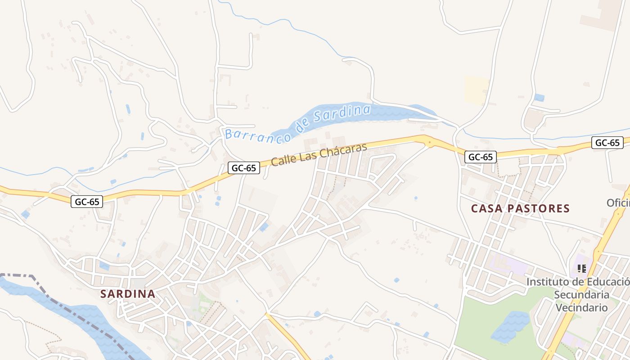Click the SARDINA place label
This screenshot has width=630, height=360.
point(128,294)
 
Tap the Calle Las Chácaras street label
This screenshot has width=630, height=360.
point(319,154)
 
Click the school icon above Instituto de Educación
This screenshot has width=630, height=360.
point(581,269)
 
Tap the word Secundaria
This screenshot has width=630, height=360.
point(581,295)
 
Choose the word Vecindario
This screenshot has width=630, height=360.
point(581,308)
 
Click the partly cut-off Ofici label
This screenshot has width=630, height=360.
point(618,202)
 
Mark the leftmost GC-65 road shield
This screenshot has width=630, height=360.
point(87,202)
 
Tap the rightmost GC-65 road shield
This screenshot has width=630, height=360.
point(607,143)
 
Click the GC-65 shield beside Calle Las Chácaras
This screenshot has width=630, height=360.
point(243,168)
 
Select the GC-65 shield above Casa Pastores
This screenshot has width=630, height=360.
point(480,157)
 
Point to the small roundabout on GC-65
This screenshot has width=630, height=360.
point(429,143)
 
